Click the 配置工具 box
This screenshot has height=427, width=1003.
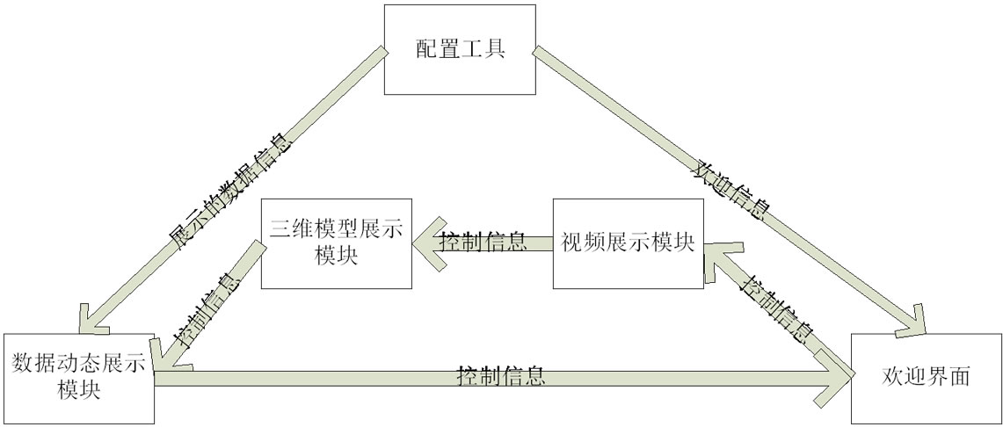(460, 49)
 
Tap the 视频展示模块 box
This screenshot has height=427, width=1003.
(628, 243)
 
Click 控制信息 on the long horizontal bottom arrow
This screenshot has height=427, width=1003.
(502, 376)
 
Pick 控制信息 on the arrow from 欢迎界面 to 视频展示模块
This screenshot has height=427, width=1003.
(776, 308)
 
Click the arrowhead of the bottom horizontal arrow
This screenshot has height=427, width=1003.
(835, 379)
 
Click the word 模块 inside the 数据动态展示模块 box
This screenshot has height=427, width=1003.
(78, 391)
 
